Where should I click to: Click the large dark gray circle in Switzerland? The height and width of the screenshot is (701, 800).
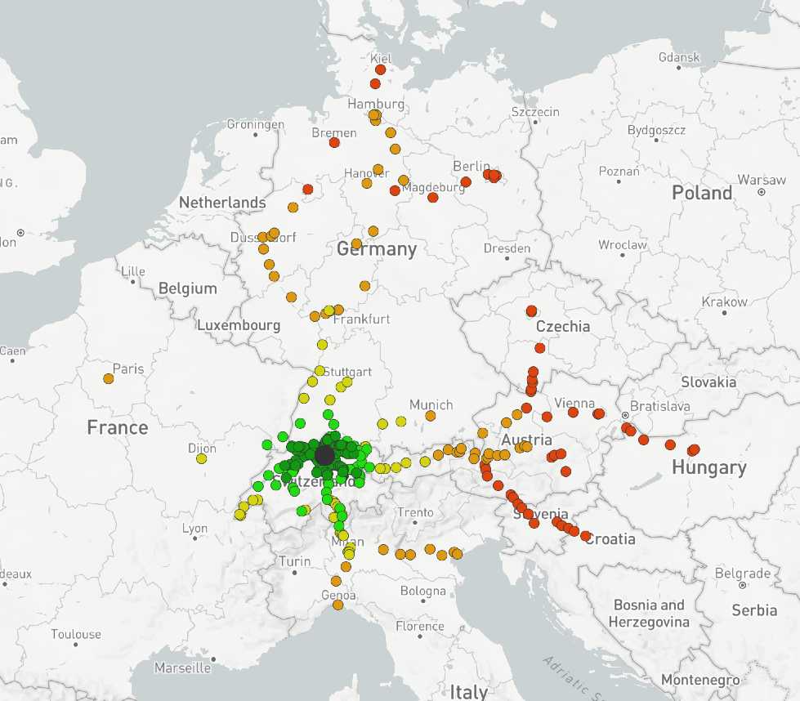324,455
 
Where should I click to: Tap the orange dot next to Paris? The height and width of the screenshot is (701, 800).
109,378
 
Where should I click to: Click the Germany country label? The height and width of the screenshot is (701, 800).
377,248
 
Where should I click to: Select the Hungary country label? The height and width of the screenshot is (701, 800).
708,467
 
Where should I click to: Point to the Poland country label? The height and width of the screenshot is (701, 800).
701,193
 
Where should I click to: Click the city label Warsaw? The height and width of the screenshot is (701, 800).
761,179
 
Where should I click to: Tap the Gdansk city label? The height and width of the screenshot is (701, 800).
679,57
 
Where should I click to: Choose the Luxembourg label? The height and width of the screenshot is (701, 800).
239,325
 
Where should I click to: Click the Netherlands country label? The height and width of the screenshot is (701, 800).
222,202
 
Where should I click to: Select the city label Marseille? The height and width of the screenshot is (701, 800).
182,668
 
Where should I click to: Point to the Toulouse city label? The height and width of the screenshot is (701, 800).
76,634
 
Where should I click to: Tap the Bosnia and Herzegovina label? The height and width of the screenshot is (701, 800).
649,613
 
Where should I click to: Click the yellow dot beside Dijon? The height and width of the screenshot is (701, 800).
201,458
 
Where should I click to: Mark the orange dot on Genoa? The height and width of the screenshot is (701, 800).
337,605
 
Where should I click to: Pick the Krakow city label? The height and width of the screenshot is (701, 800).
724,301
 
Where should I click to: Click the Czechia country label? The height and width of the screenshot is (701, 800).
562,326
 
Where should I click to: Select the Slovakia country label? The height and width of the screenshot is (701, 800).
708,382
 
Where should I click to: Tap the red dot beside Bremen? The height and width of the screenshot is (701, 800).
333,142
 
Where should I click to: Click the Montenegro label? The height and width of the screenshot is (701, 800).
700,680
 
